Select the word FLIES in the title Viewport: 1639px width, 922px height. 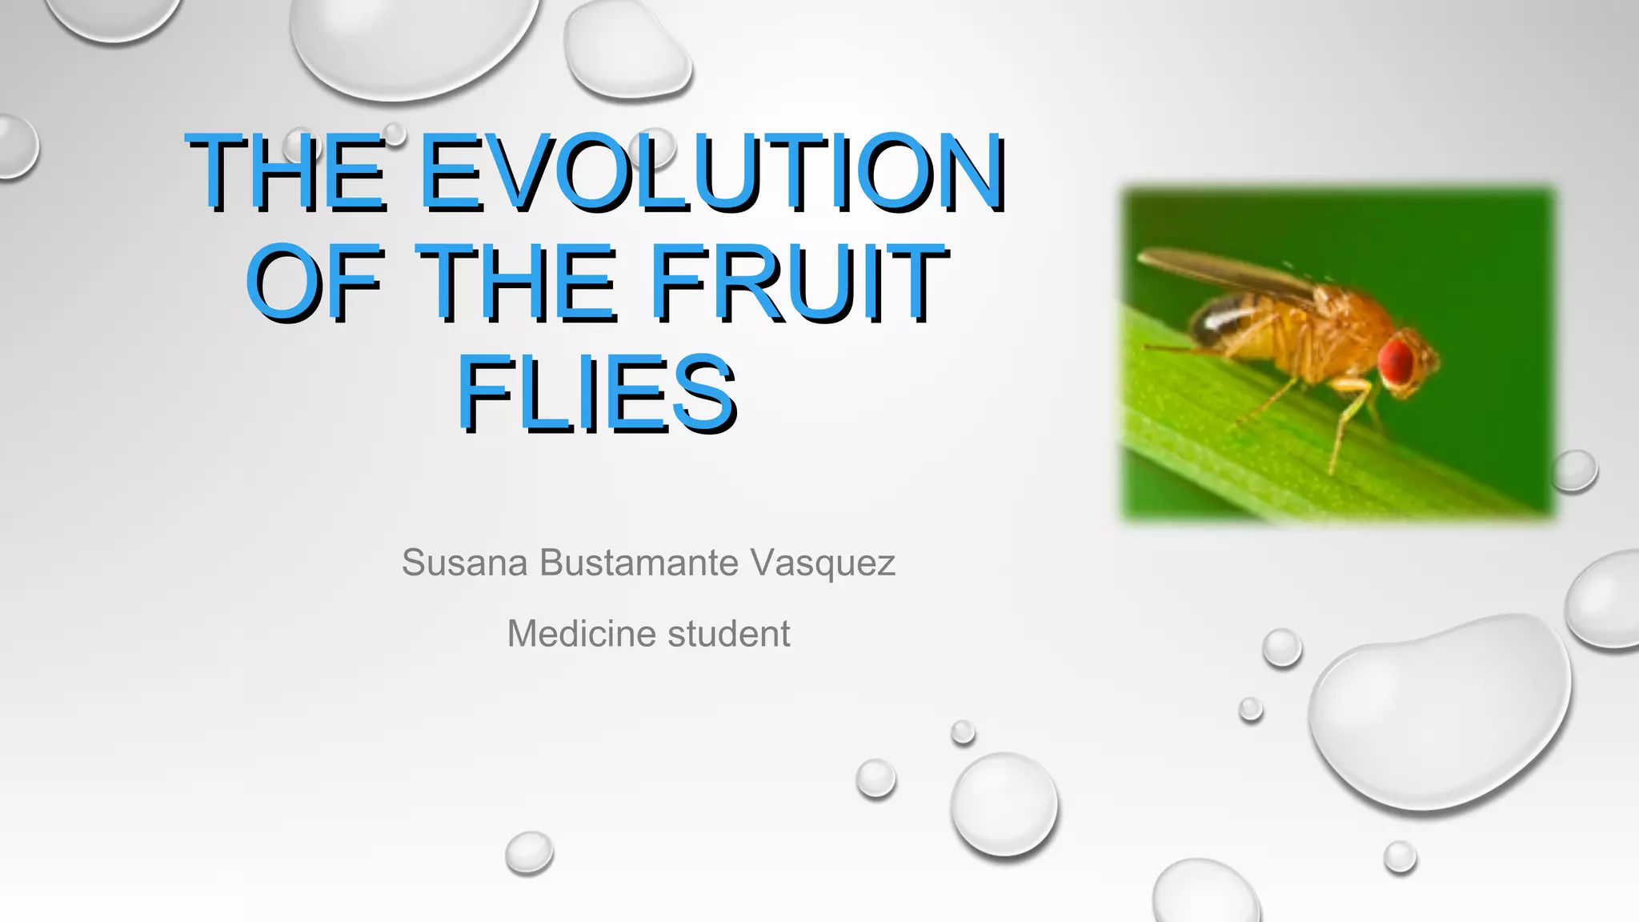click(x=597, y=395)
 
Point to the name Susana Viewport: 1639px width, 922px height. click(x=464, y=563)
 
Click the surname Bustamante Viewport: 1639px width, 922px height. click(x=639, y=563)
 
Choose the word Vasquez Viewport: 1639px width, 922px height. click(x=824, y=563)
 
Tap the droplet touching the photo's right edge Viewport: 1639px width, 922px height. click(x=1574, y=471)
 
